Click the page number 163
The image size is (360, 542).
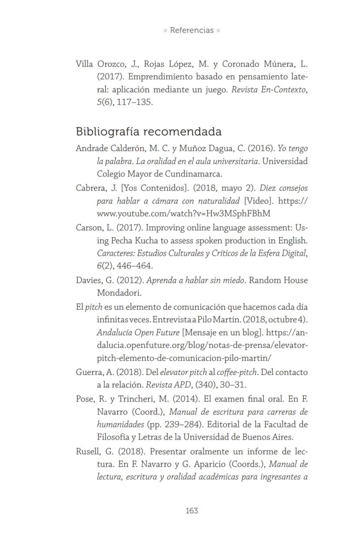coord(192,511)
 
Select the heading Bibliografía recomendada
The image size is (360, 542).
coord(149,131)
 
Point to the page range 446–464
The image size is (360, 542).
coord(135,266)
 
